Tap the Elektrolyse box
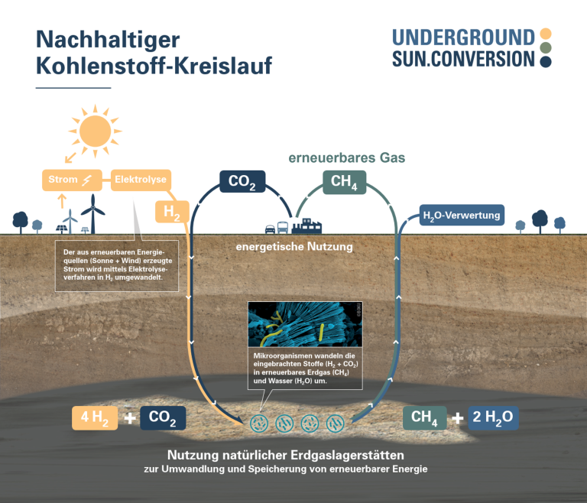pos(138,180)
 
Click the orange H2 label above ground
pos(172,212)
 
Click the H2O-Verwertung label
pos(462,216)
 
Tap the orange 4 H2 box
pos(95,417)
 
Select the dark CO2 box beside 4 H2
pos(163,417)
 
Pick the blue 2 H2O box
pos(494,417)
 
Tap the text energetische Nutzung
pos(293,247)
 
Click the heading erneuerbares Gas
pos(346,158)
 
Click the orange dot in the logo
pos(546,34)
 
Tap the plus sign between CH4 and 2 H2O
pos(458,418)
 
